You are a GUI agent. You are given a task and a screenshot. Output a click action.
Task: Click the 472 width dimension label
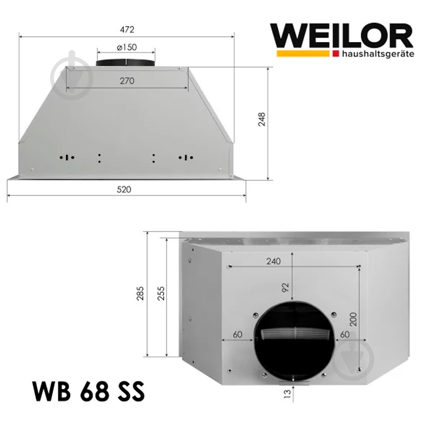coord(127,30)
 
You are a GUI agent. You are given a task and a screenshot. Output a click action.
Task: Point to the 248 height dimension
coord(261,119)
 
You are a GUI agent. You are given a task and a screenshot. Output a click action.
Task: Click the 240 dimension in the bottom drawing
coord(273,261)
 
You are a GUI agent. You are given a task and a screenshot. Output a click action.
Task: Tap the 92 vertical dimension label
coord(285,287)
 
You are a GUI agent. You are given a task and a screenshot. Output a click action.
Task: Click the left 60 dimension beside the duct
coord(237,334)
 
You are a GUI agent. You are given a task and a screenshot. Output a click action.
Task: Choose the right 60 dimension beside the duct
coord(345,334)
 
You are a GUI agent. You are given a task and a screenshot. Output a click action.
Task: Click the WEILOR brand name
coord(341,37)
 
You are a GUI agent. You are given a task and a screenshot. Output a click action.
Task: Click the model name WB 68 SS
coord(88,393)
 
